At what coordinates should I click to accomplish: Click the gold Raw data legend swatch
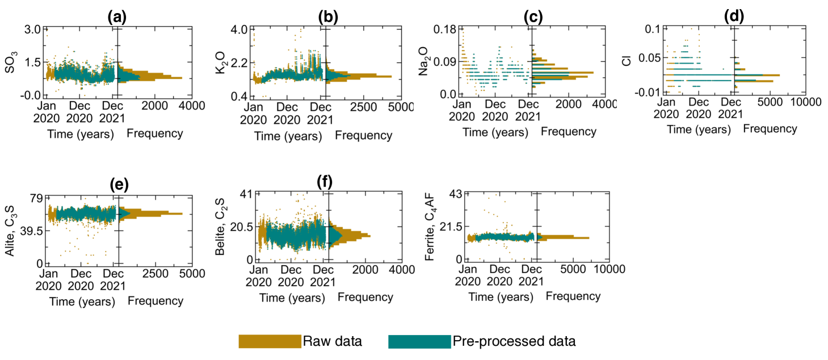coord(270,341)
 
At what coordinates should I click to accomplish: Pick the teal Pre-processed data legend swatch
coord(419,341)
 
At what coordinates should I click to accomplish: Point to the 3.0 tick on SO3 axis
coord(32,28)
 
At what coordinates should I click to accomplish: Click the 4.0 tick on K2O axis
coord(240,29)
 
